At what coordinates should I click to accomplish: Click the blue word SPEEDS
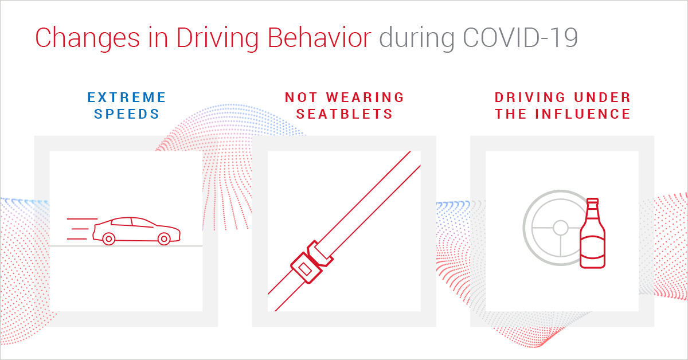coord(127,114)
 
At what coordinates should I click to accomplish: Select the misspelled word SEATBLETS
coord(345,114)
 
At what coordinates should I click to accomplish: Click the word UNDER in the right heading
coord(599,97)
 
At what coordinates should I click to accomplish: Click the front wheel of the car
coord(163,238)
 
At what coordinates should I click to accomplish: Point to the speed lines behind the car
coord(78,228)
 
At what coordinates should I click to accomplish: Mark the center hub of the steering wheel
coord(560,228)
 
